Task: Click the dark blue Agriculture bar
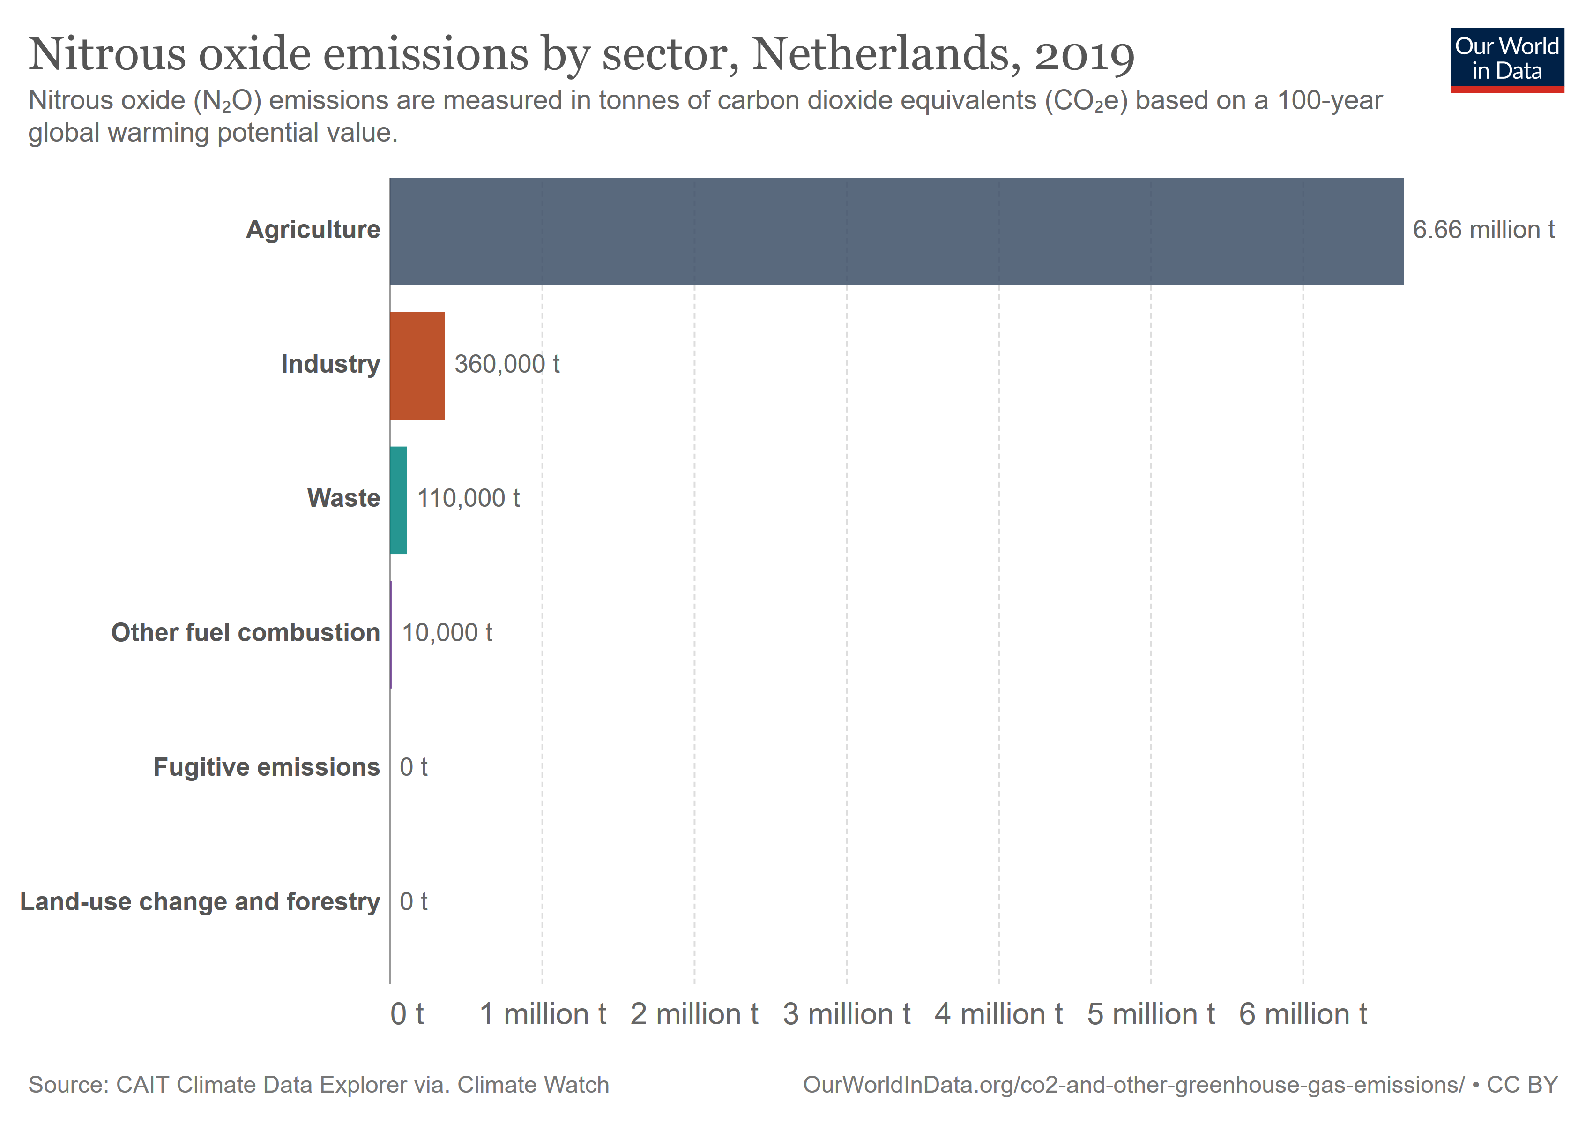pos(895,231)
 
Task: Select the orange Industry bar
pos(417,366)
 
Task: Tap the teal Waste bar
pos(398,500)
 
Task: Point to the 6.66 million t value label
pos(1483,230)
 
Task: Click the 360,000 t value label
pos(506,364)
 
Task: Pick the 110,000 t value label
pos(469,498)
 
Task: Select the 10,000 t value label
pos(447,633)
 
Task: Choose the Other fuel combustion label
pos(246,633)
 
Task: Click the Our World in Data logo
pos(1506,60)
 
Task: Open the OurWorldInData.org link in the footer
pos(1133,1085)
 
